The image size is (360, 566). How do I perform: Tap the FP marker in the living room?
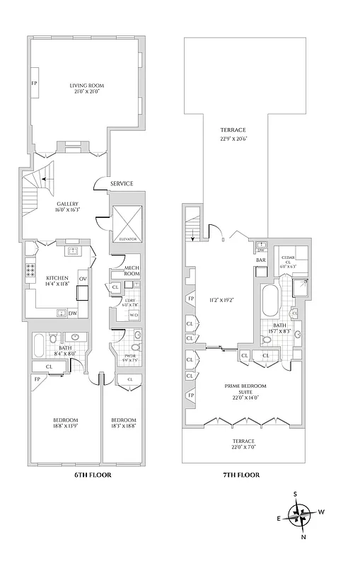click(x=34, y=83)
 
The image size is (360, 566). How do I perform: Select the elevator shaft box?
click(x=126, y=222)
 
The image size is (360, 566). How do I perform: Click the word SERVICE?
click(x=122, y=184)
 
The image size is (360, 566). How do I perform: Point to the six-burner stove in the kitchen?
click(x=31, y=269)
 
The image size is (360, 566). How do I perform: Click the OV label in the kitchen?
click(x=82, y=279)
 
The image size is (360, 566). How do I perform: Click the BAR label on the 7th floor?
click(x=261, y=260)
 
